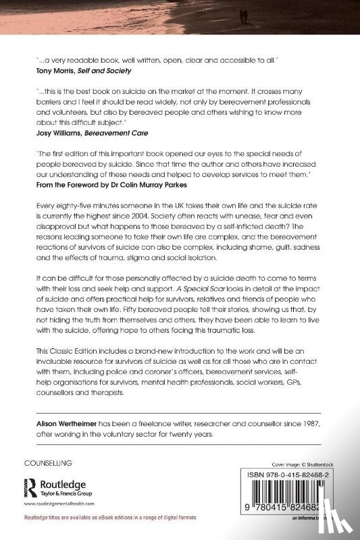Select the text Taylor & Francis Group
click(70, 493)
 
